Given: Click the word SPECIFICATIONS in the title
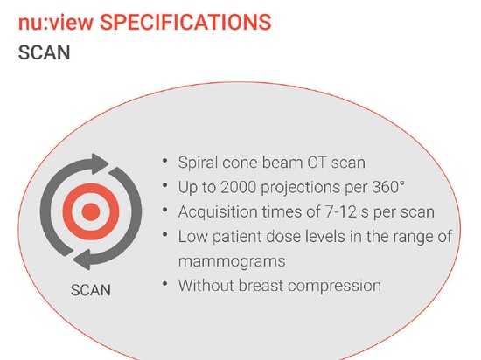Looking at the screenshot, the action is [x=185, y=23].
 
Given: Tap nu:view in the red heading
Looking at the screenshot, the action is [x=56, y=23].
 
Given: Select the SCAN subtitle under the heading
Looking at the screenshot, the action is [x=45, y=52].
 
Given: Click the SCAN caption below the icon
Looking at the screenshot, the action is [x=91, y=290].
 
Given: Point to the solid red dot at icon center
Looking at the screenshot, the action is [x=91, y=211].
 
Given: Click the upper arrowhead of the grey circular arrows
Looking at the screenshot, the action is [x=100, y=163].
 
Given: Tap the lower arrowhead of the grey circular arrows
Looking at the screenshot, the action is [x=82, y=260].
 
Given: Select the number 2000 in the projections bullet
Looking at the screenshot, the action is [x=239, y=187].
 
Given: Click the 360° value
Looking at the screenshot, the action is [x=388, y=187].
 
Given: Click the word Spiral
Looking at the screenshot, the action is [x=198, y=163].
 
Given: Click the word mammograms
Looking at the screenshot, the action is [x=232, y=262].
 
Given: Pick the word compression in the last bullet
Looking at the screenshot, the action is [x=335, y=286].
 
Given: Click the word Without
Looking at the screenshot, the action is [x=206, y=286].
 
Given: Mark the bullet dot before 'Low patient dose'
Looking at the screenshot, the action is [x=165, y=235].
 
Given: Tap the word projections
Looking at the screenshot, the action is [x=300, y=188].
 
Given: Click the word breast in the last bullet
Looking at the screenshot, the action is [x=261, y=286].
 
